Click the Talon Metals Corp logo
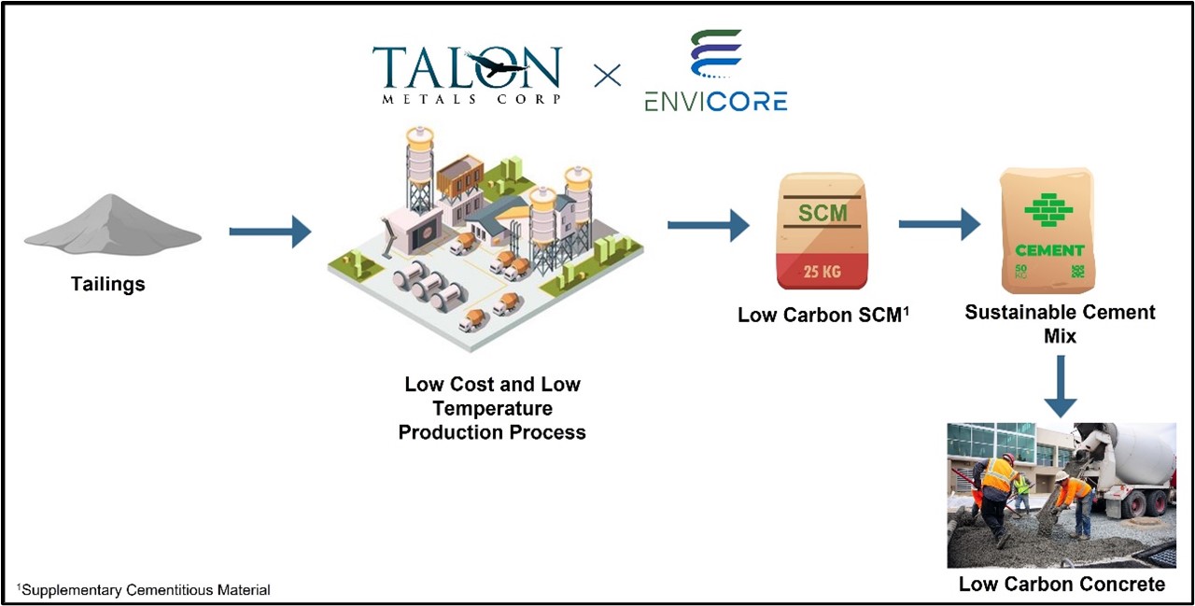tap(466, 74)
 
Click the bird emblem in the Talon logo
tap(499, 66)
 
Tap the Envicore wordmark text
tap(715, 102)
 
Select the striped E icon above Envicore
tap(716, 57)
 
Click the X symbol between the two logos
tap(607, 75)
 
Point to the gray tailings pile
tap(112, 224)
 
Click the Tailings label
tap(108, 284)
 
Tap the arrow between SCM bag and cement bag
tap(938, 224)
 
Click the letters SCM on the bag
tap(822, 213)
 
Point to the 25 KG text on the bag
tap(822, 273)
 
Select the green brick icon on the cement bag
tap(1048, 209)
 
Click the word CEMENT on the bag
tap(1049, 250)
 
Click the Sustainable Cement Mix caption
tap(1060, 323)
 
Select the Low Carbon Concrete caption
tap(1061, 585)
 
